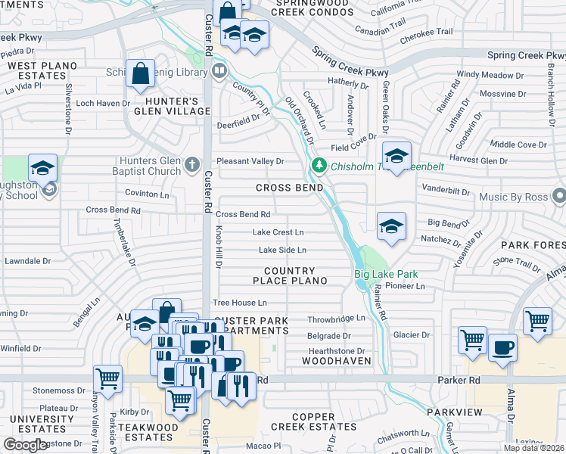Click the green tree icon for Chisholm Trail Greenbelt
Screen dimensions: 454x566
click(319, 166)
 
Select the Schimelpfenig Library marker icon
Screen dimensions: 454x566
click(219, 72)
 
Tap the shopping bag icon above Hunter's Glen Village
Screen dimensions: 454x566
click(141, 74)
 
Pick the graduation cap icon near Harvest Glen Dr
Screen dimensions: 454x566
click(396, 156)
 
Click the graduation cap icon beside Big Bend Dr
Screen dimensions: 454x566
click(391, 225)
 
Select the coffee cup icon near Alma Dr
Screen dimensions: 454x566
click(503, 347)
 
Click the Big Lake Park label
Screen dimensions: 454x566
click(387, 275)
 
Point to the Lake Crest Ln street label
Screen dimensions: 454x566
click(278, 232)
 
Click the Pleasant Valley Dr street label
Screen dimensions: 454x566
click(250, 161)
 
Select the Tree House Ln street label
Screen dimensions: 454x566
click(239, 303)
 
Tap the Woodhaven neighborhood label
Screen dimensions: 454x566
click(336, 362)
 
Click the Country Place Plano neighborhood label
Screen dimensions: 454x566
click(295, 275)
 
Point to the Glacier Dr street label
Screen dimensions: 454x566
click(412, 334)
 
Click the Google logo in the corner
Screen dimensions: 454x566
click(26, 444)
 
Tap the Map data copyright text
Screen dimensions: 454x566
click(533, 448)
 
